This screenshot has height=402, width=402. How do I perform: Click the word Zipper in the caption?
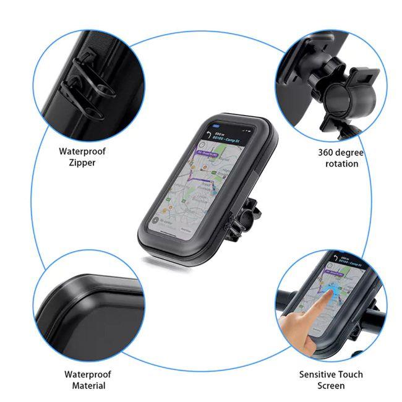[82, 163]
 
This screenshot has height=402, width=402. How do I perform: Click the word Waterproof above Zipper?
[82, 151]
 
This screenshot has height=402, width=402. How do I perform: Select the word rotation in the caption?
[341, 164]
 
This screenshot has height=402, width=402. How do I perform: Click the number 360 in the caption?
[327, 152]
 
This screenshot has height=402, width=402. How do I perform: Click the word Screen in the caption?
[331, 386]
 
